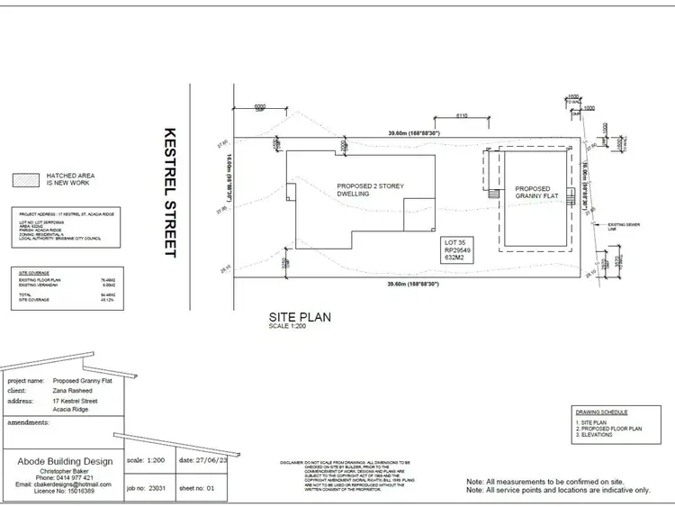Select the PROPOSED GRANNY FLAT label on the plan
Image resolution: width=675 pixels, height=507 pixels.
538,194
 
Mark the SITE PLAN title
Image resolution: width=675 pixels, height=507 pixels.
301,317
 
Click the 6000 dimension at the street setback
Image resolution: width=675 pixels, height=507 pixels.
261,107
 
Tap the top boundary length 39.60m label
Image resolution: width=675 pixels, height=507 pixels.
413,134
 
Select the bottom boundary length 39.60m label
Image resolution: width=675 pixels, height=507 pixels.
413,285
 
